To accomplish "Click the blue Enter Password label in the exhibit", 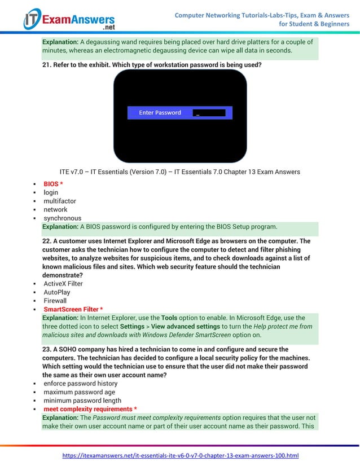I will (x=160, y=113).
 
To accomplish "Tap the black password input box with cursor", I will (x=209, y=113).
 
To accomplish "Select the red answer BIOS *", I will (x=53, y=184).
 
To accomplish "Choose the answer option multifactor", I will (x=60, y=201).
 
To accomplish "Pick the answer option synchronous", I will (x=62, y=218).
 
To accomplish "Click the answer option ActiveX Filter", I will (x=63, y=284).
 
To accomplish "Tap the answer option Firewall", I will (x=55, y=301).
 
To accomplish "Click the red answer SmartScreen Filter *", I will (x=73, y=310).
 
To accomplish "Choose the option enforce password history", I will (x=80, y=384).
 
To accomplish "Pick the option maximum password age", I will (x=79, y=392).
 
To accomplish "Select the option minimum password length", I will (x=82, y=401).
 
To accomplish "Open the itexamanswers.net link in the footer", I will (x=180, y=455).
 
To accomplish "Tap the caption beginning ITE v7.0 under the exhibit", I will (x=179, y=172).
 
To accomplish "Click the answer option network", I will (x=55, y=209).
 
